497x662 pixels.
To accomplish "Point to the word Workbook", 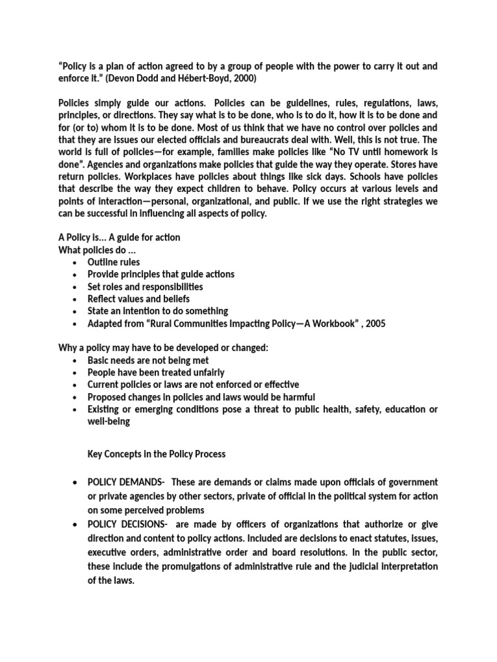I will (320, 324).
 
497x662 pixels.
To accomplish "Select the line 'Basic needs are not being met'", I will (148, 361).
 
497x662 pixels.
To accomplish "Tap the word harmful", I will (297, 398).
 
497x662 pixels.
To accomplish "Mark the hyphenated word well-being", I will (109, 422).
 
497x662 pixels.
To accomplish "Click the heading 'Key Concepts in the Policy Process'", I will (156, 454).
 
